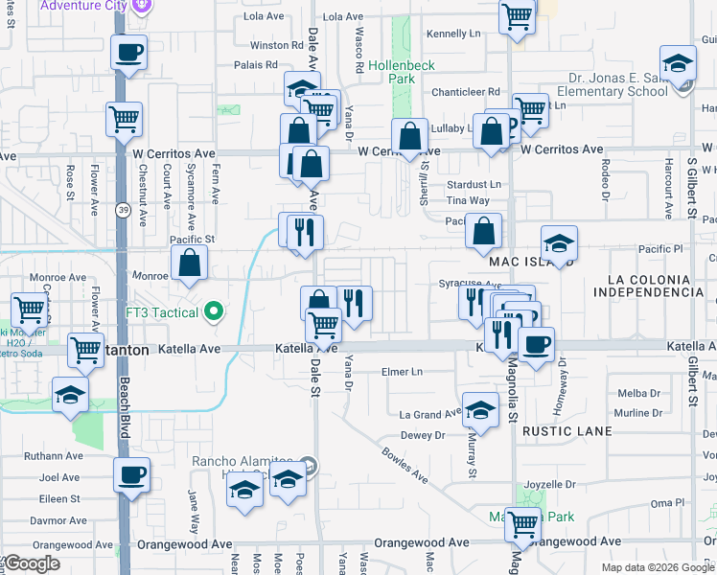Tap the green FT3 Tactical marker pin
tap(215, 311)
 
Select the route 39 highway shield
tap(124, 210)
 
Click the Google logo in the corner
tap(32, 563)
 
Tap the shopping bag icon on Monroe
tap(190, 263)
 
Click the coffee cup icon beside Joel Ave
tap(131, 474)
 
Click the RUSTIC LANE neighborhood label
tap(567, 431)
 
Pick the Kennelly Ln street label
tap(453, 34)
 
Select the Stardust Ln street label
tap(474, 184)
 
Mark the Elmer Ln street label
tap(403, 371)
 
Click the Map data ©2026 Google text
tap(659, 567)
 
